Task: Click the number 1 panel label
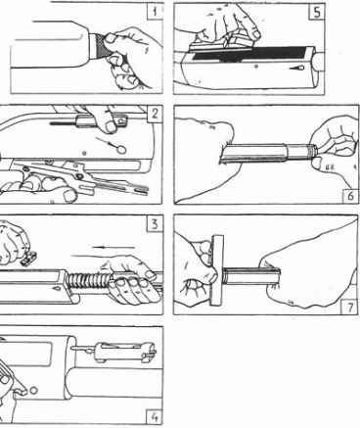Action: click(x=155, y=13)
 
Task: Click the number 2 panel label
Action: click(x=155, y=114)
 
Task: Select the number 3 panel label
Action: click(x=155, y=224)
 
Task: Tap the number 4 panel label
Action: click(x=155, y=417)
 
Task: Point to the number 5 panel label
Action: click(x=316, y=13)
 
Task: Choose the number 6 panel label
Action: click(x=350, y=196)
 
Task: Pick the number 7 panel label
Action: click(x=349, y=307)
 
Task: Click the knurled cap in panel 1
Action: click(x=99, y=48)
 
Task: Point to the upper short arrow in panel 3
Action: click(x=113, y=247)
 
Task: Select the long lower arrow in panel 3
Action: click(x=98, y=256)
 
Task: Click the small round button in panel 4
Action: click(x=33, y=390)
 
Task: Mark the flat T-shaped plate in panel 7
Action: click(x=217, y=270)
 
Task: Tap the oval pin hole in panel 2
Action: click(x=121, y=150)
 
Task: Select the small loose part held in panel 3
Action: click(x=28, y=259)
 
